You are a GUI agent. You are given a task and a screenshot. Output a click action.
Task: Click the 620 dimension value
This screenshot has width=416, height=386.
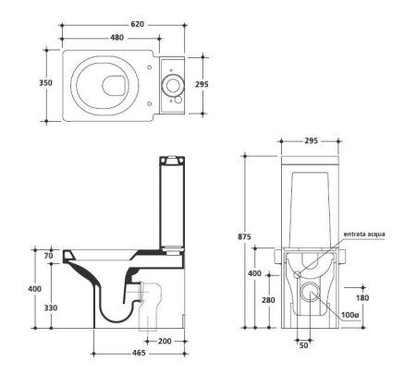point(137,24)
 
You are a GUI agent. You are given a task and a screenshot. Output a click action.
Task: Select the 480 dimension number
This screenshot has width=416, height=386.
point(116,38)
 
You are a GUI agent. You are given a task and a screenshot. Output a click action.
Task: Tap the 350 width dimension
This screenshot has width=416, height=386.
point(45,83)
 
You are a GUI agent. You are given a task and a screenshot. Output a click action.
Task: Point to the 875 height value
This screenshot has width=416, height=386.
point(244,236)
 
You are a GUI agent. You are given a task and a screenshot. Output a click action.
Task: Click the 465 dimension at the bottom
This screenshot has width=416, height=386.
point(139,353)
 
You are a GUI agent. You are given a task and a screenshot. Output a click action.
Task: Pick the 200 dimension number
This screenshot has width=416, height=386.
point(165,341)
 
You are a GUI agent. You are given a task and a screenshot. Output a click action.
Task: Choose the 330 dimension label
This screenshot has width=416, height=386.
point(51,308)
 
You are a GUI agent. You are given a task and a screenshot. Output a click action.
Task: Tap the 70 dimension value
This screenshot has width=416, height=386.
point(48,256)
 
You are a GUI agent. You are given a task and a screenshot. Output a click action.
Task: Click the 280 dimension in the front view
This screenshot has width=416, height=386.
point(268,300)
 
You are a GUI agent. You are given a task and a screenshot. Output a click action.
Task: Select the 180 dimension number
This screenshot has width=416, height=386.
point(362,298)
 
